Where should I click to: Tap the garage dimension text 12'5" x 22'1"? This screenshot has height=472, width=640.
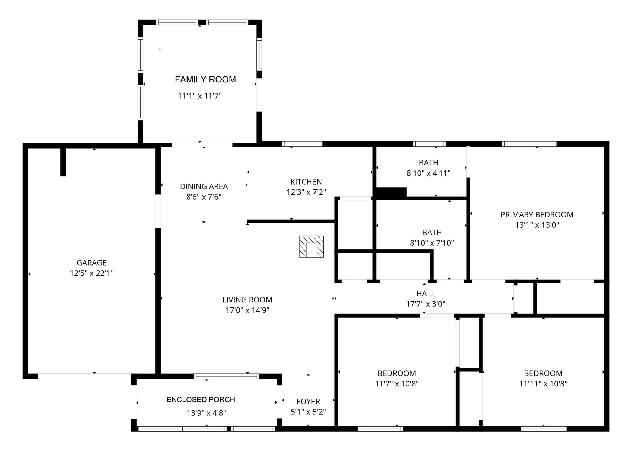(x=92, y=273)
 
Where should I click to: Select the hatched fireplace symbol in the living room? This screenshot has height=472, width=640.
(x=311, y=246)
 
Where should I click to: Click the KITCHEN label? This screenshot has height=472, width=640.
(x=306, y=182)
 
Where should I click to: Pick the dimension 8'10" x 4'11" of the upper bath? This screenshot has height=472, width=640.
(x=428, y=173)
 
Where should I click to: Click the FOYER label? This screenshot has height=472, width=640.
(x=308, y=401)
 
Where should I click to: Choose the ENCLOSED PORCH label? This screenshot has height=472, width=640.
(x=201, y=399)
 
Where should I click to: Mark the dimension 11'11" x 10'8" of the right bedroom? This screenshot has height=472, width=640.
(x=543, y=384)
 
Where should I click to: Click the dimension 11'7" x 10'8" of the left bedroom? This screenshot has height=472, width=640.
(x=397, y=384)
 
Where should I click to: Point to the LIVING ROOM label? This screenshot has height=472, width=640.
(x=247, y=300)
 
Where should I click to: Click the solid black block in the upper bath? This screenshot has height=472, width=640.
(x=391, y=192)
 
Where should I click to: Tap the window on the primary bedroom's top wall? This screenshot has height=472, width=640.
(x=529, y=144)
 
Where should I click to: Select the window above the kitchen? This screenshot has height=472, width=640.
(x=302, y=144)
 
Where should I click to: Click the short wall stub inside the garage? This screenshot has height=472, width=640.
(x=63, y=162)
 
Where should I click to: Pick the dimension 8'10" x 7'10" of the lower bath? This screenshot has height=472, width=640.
(x=432, y=243)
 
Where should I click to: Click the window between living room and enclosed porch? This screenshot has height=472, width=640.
(x=226, y=376)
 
